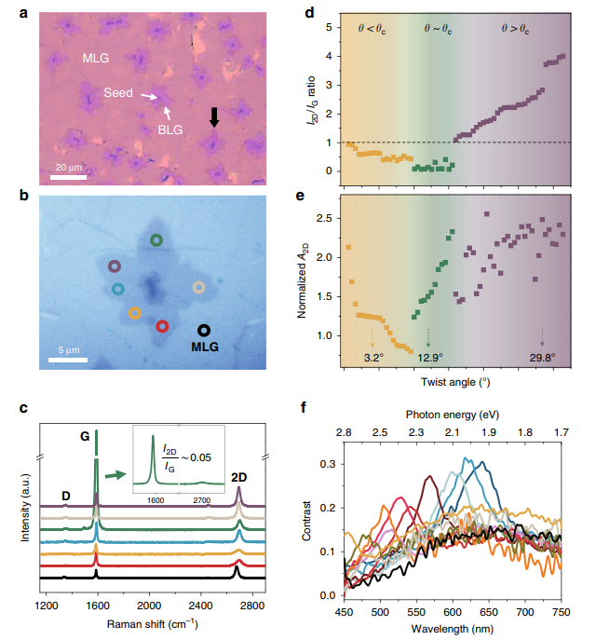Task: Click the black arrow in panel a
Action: point(214,116)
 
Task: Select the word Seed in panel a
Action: point(119,93)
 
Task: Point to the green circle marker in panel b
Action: point(156,240)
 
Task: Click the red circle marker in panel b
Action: point(163,326)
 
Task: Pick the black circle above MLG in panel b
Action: point(204,329)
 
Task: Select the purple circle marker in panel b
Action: point(114,266)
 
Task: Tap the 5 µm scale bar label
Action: point(62,349)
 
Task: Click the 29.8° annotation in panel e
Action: point(542,357)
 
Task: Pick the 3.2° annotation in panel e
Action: point(372,357)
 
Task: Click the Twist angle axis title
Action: point(454,382)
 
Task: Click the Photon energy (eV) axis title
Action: point(454,414)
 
